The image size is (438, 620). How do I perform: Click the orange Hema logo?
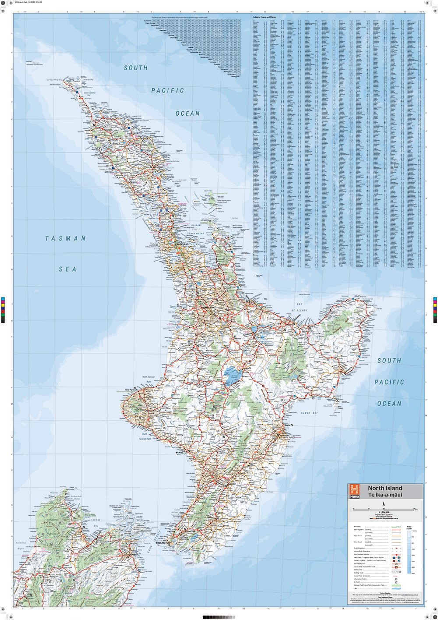pos(354,491)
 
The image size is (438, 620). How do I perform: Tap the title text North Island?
pos(385,488)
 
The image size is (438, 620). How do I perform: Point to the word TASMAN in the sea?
pos(66,239)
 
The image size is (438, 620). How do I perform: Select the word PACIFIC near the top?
pos(168,91)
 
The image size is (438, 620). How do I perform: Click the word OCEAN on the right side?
pos(389,404)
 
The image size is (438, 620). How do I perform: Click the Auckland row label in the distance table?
pos(145,20)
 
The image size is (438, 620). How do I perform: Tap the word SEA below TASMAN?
pos(68,269)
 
